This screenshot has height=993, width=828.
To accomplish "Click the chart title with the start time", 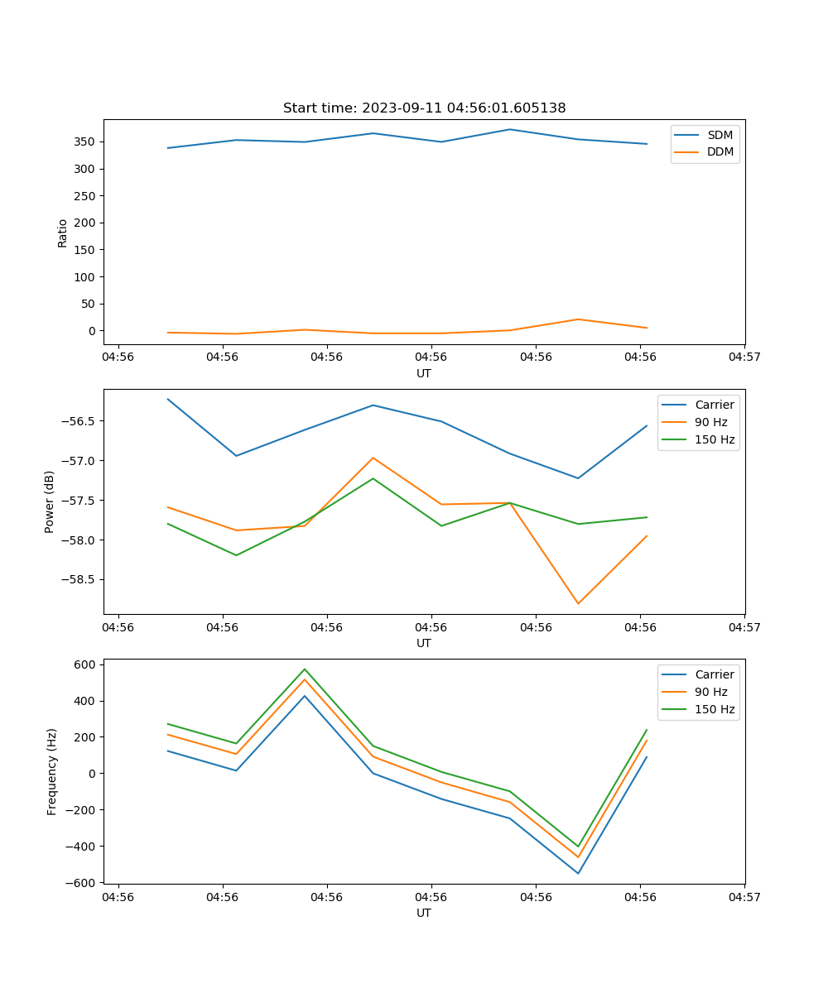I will [x=424, y=108].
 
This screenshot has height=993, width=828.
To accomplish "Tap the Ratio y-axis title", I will [x=63, y=233].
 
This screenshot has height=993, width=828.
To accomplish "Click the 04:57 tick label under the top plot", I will [x=744, y=357].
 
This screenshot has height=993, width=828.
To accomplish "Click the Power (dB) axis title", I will [x=51, y=501].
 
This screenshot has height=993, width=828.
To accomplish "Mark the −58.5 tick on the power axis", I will [x=81, y=579].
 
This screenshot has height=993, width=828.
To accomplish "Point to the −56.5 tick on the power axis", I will [x=81, y=421].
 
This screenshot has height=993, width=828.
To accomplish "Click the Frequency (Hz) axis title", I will [x=52, y=771].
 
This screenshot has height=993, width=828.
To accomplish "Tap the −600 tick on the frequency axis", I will [x=84, y=883].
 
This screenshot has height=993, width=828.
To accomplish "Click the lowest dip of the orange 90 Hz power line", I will [x=578, y=603].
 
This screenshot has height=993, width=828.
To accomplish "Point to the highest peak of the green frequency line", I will [x=305, y=669].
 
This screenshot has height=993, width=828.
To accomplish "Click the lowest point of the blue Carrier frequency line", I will [x=578, y=873].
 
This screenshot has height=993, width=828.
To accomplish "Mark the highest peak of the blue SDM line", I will [x=510, y=129].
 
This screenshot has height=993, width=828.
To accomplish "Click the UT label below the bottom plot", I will [x=424, y=913].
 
